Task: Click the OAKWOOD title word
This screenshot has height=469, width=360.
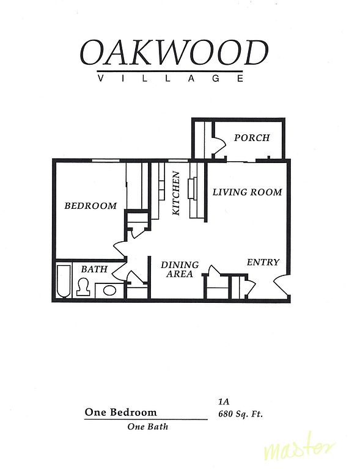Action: [174, 53]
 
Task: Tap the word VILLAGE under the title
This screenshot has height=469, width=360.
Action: [171, 78]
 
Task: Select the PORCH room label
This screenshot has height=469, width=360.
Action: [252, 137]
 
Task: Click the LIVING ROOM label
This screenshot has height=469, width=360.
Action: [247, 192]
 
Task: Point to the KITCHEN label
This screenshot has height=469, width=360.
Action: [176, 193]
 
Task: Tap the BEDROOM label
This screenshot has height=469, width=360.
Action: [90, 206]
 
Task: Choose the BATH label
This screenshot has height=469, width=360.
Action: [94, 269]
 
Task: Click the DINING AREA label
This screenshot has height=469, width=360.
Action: [180, 269]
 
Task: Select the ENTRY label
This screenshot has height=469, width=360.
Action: [263, 263]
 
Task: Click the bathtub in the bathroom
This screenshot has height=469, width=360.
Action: [64, 280]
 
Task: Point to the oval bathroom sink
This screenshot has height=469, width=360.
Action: [109, 290]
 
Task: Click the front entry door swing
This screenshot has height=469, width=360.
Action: [281, 285]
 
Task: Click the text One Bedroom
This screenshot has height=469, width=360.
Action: [120, 412]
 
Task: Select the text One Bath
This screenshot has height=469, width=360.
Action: [148, 426]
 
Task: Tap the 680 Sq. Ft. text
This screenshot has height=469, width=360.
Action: [241, 414]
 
